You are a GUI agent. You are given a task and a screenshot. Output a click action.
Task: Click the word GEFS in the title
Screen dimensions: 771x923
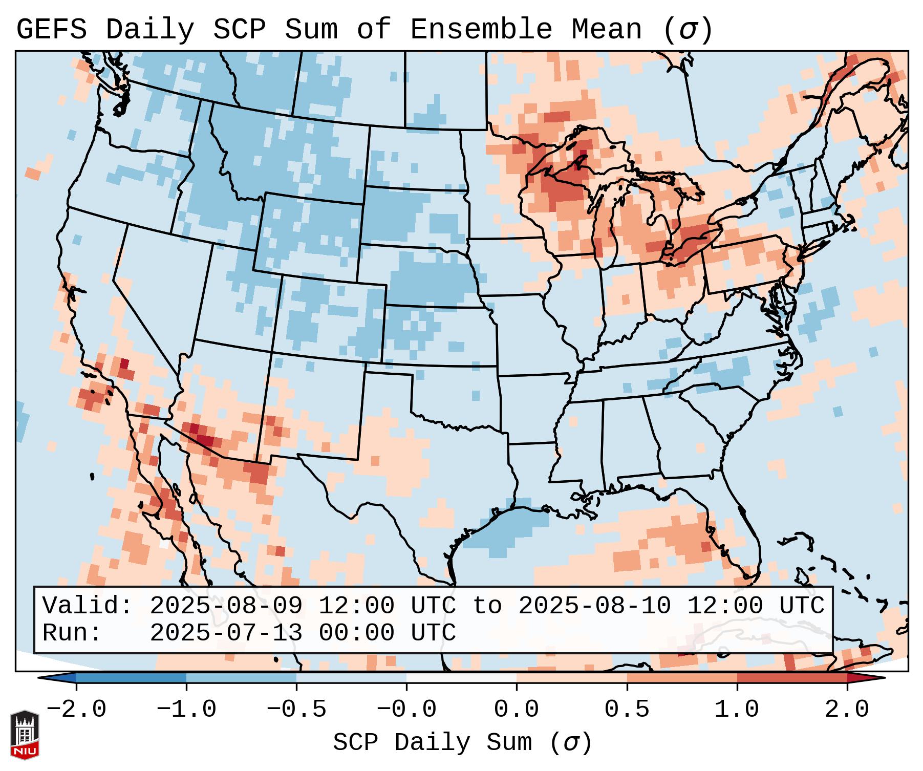(x=51, y=30)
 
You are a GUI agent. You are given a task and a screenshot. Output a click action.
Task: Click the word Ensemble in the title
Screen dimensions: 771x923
(x=481, y=30)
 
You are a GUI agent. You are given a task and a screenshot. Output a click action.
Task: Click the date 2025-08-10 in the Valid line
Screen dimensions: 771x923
(x=594, y=606)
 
